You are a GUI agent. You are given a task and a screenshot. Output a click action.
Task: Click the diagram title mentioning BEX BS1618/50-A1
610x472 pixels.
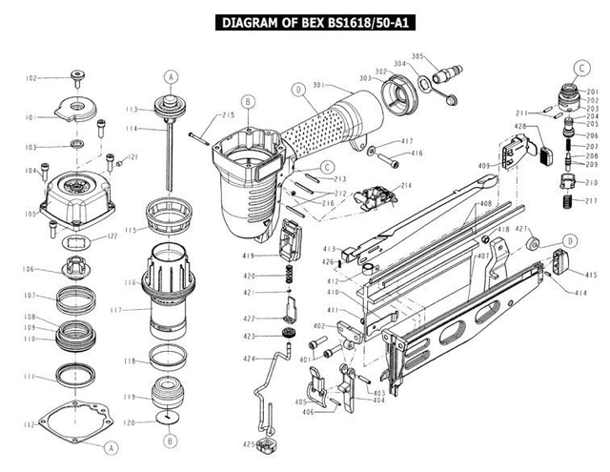click(304, 22)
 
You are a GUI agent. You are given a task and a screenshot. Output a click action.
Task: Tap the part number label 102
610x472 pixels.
click(31, 78)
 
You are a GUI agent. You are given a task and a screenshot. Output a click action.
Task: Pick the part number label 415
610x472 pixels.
click(591, 275)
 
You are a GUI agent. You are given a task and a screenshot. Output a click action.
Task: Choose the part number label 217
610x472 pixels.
click(591, 200)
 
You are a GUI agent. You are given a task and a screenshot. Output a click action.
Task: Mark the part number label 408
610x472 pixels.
click(485, 203)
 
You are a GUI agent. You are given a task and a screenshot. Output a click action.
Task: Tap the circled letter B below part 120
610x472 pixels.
click(171, 441)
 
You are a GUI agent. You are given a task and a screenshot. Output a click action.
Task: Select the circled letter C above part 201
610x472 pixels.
click(580, 67)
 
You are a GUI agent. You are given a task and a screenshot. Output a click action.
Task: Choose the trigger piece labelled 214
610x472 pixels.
click(375, 197)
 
